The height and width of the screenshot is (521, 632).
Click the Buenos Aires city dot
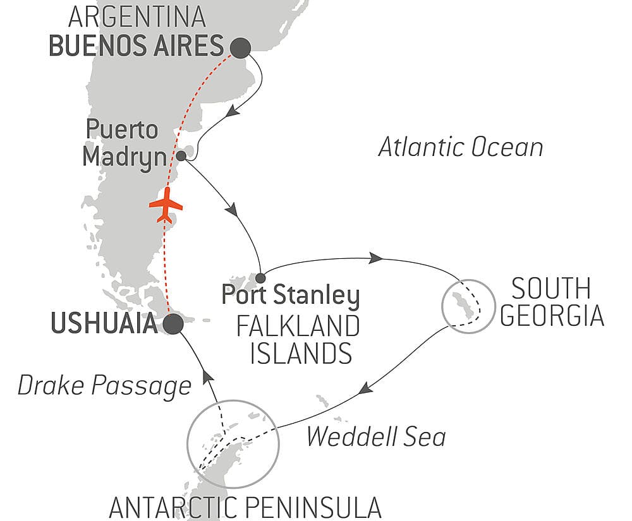(x=240, y=47)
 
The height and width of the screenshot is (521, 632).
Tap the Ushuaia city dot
(x=173, y=324)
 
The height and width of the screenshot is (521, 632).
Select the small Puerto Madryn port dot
(x=182, y=155)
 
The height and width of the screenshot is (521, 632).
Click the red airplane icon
(x=166, y=206)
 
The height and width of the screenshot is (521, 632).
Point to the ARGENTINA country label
(x=138, y=16)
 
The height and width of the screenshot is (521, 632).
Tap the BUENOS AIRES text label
(x=136, y=47)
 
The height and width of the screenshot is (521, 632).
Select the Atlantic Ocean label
(x=460, y=147)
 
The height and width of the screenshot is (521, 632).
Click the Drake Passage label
(x=104, y=385)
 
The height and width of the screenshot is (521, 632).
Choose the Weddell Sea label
(x=376, y=436)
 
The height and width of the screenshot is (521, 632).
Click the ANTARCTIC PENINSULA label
(x=245, y=506)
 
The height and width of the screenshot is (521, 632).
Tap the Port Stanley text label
(x=290, y=296)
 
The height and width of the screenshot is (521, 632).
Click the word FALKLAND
(x=298, y=326)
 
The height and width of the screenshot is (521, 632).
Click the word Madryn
(x=125, y=157)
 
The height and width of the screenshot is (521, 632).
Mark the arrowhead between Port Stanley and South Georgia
(x=375, y=258)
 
